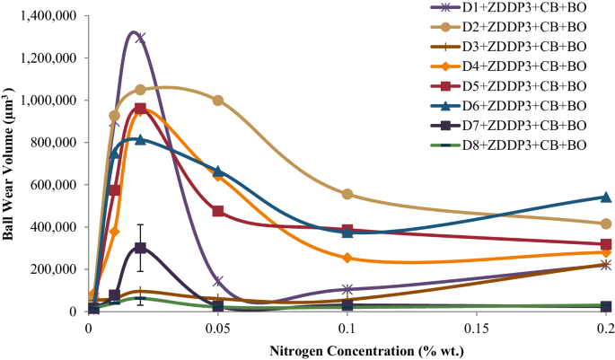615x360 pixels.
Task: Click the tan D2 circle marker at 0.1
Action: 347,194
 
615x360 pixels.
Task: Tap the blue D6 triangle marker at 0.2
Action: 606,197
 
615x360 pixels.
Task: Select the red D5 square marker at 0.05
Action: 218,211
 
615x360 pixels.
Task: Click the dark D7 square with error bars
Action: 140,248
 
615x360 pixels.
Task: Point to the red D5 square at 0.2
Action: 606,244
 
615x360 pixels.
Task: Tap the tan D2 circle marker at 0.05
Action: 218,101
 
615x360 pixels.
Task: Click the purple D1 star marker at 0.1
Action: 347,289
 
